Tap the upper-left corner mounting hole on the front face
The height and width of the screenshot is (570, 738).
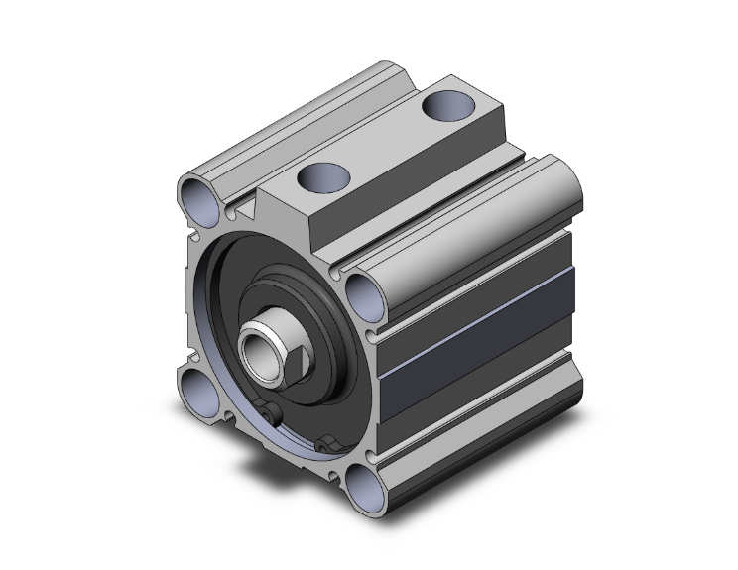click(x=199, y=199)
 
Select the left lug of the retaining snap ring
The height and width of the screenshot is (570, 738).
click(x=271, y=414)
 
